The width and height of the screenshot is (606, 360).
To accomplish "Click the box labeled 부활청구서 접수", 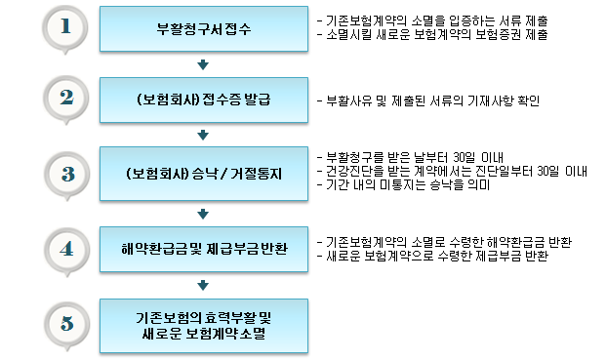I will [x=203, y=29].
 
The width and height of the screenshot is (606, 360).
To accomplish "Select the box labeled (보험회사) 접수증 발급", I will [x=203, y=101].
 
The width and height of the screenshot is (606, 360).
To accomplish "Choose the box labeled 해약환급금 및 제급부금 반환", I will [x=203, y=249].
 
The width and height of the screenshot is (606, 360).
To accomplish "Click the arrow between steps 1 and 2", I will [x=203, y=65].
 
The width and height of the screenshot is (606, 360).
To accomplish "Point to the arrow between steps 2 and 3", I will [x=203, y=139].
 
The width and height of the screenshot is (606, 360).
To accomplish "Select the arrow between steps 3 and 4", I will [x=203, y=212].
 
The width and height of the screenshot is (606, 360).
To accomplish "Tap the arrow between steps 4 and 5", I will [x=203, y=286].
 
